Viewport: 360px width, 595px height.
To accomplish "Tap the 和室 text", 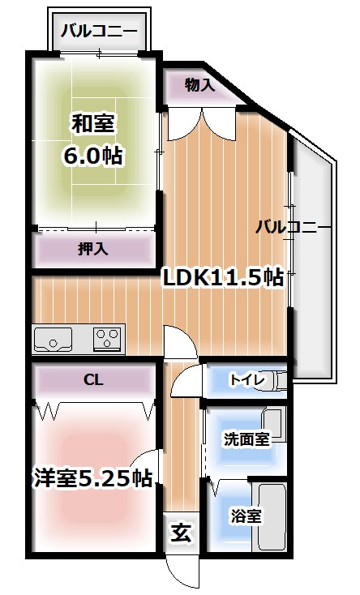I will [x=93, y=124].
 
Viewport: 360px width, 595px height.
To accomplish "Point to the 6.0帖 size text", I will [x=93, y=156].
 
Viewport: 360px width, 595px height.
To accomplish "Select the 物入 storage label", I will [x=199, y=84].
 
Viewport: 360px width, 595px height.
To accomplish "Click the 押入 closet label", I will [x=93, y=249].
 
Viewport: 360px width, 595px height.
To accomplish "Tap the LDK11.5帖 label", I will [x=223, y=278].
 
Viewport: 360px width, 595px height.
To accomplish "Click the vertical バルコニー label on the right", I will [x=294, y=227].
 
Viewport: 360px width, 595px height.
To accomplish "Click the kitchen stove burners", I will [x=108, y=337].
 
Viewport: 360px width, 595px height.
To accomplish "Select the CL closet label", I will [x=93, y=379].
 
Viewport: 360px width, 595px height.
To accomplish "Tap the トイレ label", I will [x=244, y=379].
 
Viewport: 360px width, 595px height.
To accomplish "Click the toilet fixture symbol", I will [x=278, y=379].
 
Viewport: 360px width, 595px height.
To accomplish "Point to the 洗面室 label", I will [x=246, y=439].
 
